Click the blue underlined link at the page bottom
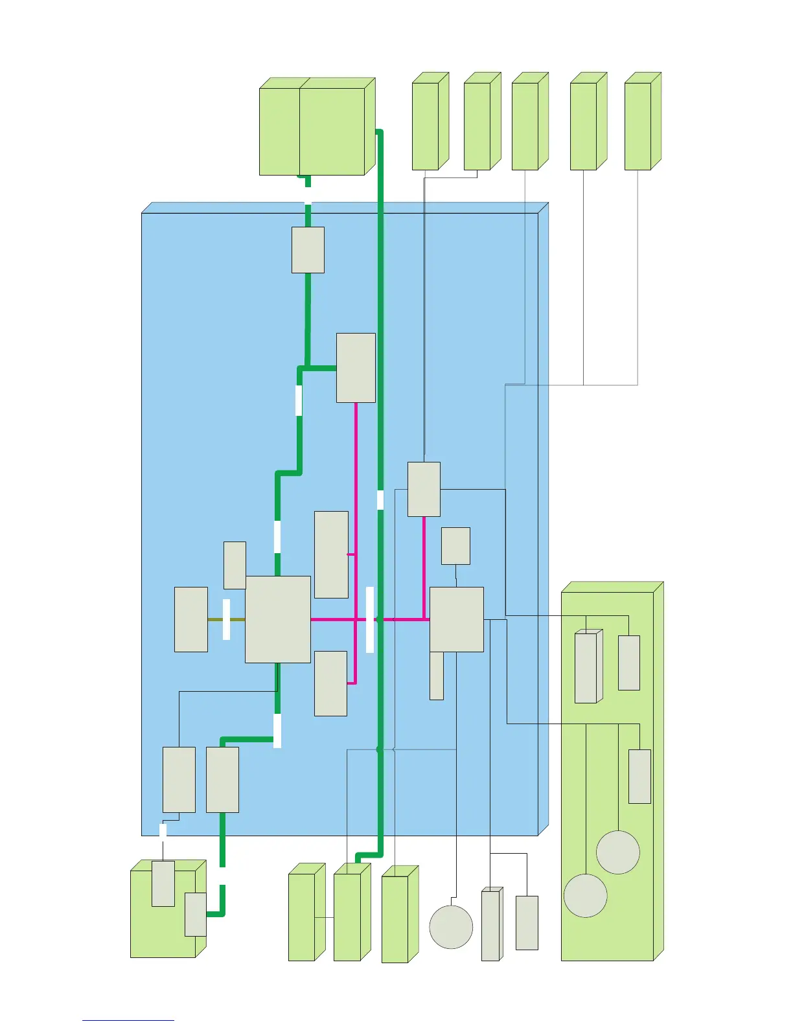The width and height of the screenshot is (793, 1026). click(128, 1020)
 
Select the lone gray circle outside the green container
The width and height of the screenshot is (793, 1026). click(451, 927)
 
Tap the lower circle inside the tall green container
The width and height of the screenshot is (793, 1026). click(586, 896)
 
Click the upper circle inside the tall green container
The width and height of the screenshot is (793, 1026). click(618, 852)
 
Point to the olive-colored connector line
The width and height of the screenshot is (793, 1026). click(216, 620)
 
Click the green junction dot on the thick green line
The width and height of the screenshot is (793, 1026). click(380, 749)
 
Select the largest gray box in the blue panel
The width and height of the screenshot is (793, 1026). click(277, 619)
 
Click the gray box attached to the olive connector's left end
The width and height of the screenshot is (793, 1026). click(191, 619)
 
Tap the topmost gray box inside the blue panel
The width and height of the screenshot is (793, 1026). click(308, 250)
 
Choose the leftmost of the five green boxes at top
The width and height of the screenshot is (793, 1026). click(426, 126)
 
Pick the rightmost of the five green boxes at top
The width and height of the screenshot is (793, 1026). click(638, 126)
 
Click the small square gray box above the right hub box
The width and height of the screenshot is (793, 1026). click(455, 546)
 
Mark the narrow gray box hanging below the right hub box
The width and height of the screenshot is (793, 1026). click(437, 676)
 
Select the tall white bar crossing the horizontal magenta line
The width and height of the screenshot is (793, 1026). click(370, 620)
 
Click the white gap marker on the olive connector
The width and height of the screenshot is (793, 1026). click(226, 620)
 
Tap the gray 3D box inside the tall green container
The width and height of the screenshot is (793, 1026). click(586, 668)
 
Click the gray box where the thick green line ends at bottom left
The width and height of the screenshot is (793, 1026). click(196, 914)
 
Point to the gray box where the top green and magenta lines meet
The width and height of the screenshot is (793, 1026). click(356, 368)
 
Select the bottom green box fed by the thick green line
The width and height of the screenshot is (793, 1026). click(347, 917)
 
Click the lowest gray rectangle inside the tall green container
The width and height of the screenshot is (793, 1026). click(639, 777)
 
